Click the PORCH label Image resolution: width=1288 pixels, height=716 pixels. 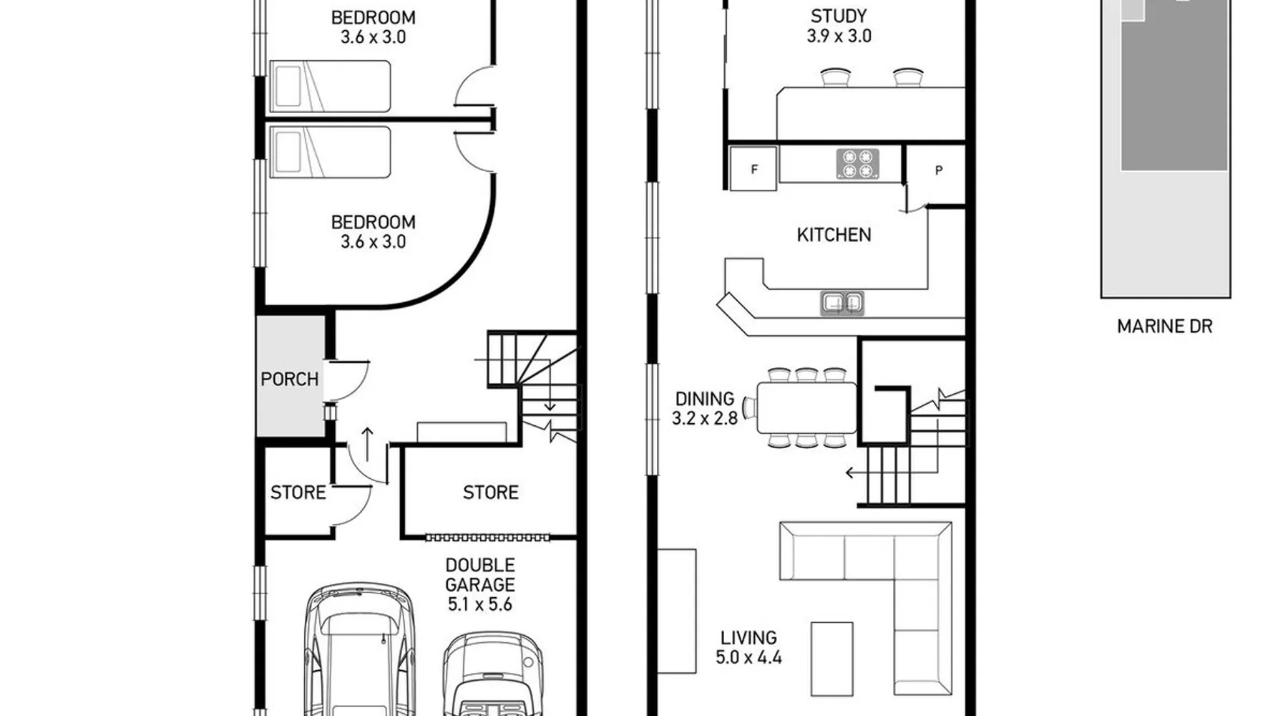[290, 379]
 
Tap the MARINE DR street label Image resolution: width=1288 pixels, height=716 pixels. [1165, 326]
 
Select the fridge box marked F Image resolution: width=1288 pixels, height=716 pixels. [753, 169]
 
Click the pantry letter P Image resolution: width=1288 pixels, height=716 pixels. [939, 170]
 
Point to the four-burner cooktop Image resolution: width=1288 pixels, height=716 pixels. [857, 164]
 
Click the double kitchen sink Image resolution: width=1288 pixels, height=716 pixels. [842, 303]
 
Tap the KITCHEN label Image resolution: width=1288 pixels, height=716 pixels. [834, 235]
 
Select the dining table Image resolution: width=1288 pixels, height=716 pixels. [806, 408]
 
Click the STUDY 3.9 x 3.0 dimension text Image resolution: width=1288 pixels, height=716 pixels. [839, 36]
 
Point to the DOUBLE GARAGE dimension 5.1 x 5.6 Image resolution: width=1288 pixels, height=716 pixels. [480, 604]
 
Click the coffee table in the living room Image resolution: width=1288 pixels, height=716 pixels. [831, 659]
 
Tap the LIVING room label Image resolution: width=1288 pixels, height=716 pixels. [748, 637]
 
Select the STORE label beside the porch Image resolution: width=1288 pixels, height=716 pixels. [298, 493]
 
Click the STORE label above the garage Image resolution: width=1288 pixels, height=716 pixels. [491, 493]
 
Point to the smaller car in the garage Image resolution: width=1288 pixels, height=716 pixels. [493, 674]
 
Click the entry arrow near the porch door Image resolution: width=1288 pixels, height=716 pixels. [367, 444]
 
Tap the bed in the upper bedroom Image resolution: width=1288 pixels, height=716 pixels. [330, 86]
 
